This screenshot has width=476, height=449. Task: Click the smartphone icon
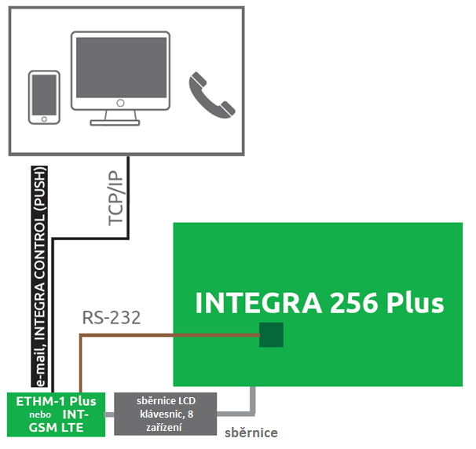click(45, 97)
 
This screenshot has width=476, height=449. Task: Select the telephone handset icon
click(210, 96)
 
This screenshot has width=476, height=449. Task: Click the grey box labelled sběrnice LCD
click(165, 413)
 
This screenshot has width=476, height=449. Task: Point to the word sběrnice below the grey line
click(251, 433)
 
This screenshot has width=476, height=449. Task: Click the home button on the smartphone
click(45, 118)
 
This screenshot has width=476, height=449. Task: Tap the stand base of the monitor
click(120, 121)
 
